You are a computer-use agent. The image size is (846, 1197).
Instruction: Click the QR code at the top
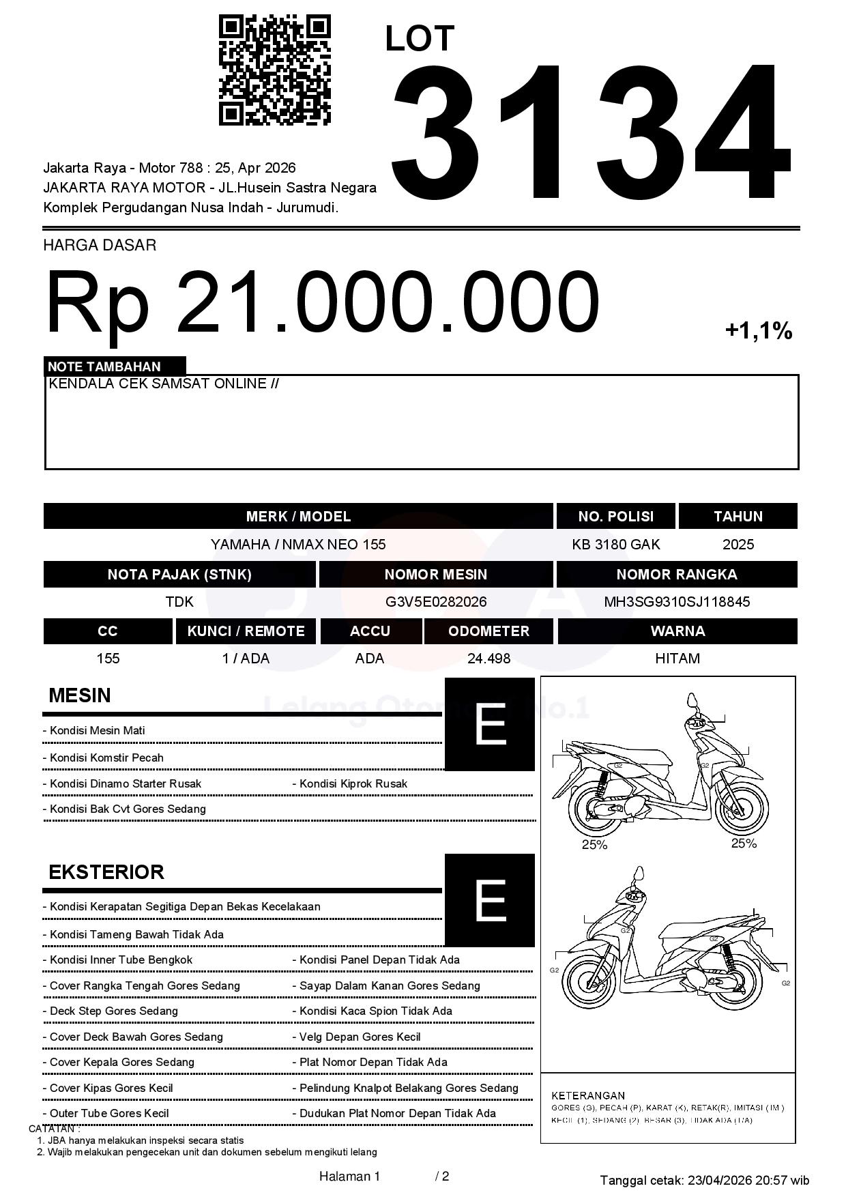click(274, 71)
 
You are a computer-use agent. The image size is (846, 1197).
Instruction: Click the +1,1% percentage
click(758, 332)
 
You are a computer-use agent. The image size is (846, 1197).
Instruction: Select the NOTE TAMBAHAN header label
click(104, 366)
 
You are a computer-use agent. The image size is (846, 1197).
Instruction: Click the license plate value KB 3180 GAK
click(615, 545)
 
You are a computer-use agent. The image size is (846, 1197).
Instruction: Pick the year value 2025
click(738, 545)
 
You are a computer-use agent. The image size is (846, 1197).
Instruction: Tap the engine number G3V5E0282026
click(436, 602)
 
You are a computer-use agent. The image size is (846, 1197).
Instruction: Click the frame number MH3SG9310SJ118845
click(677, 602)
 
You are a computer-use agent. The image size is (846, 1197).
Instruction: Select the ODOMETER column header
click(488, 631)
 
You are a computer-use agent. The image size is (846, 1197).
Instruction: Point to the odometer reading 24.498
click(488, 659)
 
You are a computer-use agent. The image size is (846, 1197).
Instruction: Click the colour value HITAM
click(677, 659)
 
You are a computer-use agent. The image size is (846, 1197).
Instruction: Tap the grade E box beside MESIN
click(490, 724)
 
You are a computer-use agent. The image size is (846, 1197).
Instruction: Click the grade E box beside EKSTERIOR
click(490, 900)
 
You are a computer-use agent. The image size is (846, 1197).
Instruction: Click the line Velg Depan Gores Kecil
click(360, 1037)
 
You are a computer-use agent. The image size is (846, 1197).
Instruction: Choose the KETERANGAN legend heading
click(588, 1095)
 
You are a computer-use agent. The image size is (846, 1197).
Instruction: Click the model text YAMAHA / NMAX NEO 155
click(298, 545)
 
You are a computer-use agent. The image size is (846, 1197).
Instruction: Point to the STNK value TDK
click(179, 602)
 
